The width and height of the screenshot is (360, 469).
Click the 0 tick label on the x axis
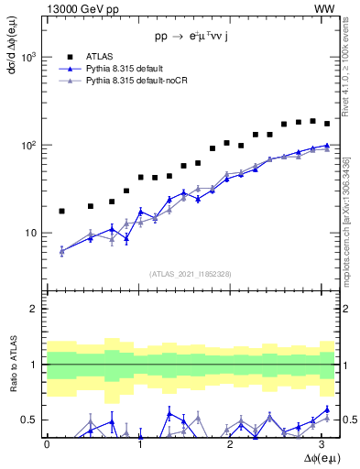click(47, 444)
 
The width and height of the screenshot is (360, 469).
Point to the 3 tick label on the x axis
click(327, 444)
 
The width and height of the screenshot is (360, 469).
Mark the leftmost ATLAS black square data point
click(61, 211)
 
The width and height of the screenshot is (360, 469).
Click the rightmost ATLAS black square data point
click(326, 124)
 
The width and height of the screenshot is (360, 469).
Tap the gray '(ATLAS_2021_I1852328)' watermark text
click(191, 274)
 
